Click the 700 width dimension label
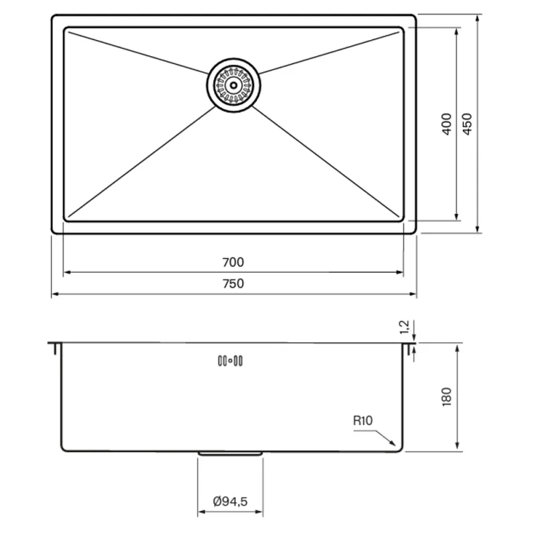(x=233, y=262)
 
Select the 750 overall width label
(x=233, y=284)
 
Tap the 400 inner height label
(x=447, y=124)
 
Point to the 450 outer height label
(x=467, y=124)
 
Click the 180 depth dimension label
(x=447, y=397)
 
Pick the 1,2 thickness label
(x=405, y=327)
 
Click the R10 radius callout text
(x=362, y=421)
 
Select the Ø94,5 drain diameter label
(x=230, y=502)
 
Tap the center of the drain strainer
(x=233, y=85)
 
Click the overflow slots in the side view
(x=230, y=360)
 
